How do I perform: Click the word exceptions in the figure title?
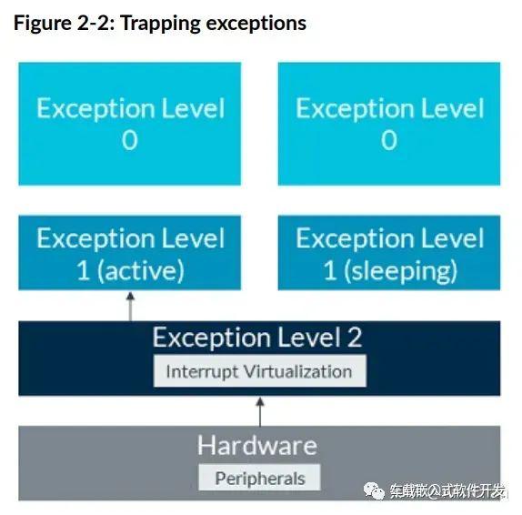click(256, 24)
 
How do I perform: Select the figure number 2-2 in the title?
click(95, 23)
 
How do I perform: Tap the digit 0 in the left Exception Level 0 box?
click(129, 140)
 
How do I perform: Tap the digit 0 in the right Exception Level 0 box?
click(389, 140)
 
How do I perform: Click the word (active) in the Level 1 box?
click(140, 270)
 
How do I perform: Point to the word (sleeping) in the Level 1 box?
click(400, 271)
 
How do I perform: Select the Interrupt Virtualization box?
click(260, 371)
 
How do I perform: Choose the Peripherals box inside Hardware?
click(259, 478)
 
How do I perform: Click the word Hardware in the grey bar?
click(257, 445)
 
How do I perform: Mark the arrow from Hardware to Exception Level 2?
click(260, 412)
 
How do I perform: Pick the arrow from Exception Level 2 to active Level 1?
click(131, 306)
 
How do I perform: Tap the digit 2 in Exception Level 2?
click(355, 337)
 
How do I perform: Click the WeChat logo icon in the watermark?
click(374, 490)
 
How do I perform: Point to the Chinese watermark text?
click(447, 490)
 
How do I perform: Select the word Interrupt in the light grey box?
click(202, 372)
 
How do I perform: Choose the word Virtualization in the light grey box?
click(297, 371)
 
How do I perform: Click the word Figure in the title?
click(43, 24)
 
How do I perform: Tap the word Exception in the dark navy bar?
click(212, 337)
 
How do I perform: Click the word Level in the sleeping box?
click(452, 237)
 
